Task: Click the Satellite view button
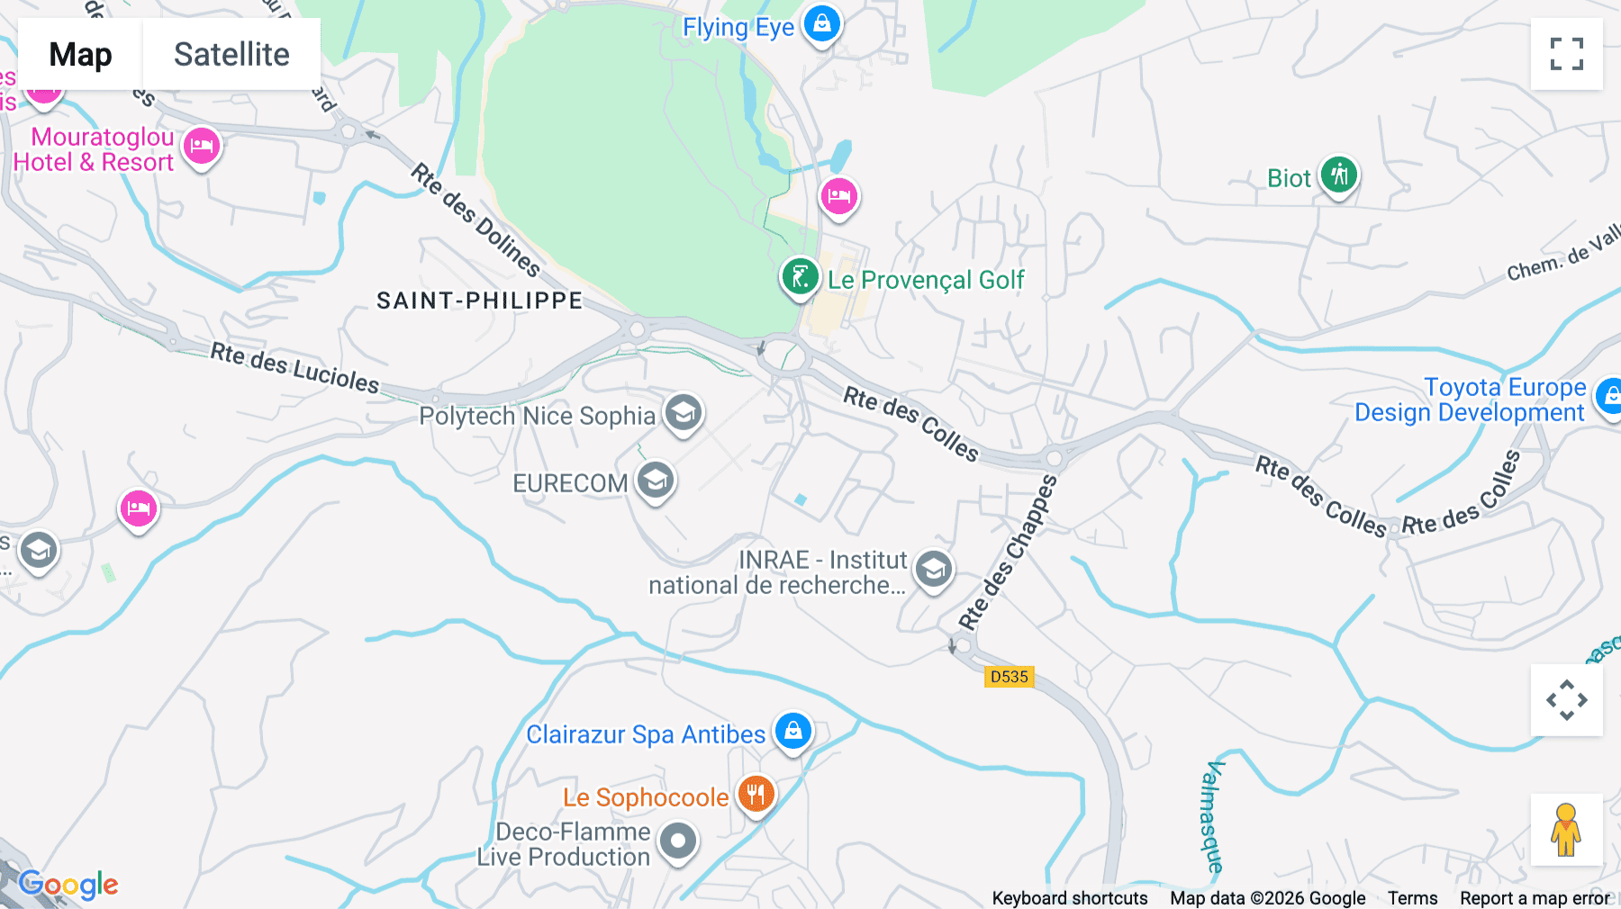click(231, 54)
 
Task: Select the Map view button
click(80, 54)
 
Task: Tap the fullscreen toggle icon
click(1566, 54)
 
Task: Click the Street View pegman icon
click(1566, 829)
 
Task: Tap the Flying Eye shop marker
click(821, 23)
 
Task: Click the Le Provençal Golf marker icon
click(800, 276)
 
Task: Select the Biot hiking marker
click(1338, 175)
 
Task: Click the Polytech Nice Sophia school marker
click(684, 413)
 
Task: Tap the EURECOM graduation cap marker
click(656, 481)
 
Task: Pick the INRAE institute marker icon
click(933, 570)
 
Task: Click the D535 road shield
click(1009, 677)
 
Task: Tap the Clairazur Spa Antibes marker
click(793, 731)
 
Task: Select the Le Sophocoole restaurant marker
click(756, 795)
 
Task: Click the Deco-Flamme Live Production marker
click(677, 842)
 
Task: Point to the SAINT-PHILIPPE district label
click(479, 301)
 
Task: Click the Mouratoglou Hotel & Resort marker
click(202, 146)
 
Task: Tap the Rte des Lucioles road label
click(295, 367)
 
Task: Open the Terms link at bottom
click(1412, 897)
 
